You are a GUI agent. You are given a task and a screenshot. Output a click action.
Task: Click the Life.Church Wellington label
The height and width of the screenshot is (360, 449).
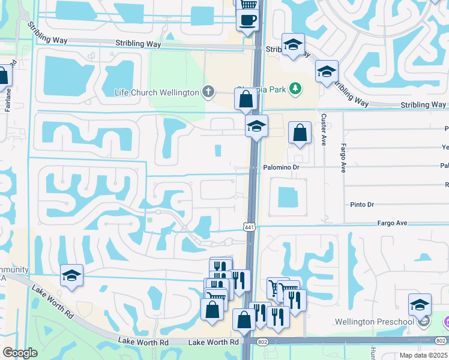pyautogui.click(x=157, y=92)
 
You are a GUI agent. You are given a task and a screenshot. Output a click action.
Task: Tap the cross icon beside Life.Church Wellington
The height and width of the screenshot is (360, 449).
pyautogui.click(x=208, y=92)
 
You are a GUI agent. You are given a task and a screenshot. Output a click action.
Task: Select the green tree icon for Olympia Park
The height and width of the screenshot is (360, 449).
pyautogui.click(x=295, y=89)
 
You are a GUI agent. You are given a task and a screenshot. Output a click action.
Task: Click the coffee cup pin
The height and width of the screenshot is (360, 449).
pyautogui.click(x=247, y=20)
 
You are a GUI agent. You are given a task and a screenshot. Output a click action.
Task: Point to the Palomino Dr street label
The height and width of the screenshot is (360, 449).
pyautogui.click(x=281, y=168)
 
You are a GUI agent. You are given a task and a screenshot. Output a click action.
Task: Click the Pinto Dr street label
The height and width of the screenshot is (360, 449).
pyautogui.click(x=362, y=205)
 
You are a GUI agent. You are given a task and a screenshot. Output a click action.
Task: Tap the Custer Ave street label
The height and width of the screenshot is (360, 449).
pyautogui.click(x=324, y=130)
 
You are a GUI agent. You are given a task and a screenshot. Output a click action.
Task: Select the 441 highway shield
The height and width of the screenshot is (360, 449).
pyautogui.click(x=249, y=226)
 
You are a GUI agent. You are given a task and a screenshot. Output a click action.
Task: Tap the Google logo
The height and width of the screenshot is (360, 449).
pyautogui.click(x=20, y=353)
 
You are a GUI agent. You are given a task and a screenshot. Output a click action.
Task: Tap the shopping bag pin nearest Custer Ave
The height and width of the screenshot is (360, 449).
pyautogui.click(x=300, y=133)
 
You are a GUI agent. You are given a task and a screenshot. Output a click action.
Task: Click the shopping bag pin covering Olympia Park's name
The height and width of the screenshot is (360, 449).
pyautogui.click(x=246, y=99)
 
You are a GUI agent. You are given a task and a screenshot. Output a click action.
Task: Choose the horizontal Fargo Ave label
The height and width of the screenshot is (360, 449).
pyautogui.click(x=393, y=223)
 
